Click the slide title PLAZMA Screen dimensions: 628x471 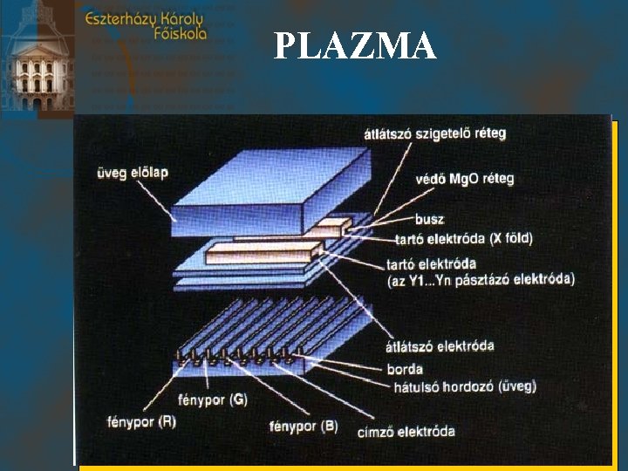354,46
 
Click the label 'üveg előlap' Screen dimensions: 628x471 132,173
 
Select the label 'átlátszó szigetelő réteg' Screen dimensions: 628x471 434,133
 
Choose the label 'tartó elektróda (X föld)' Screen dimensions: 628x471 463,238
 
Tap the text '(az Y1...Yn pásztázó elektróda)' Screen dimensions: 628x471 480,279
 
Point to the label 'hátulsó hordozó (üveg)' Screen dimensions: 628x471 461,386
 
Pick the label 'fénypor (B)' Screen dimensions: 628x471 304,427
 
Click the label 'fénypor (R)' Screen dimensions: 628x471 131,420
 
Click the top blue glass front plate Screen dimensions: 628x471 262,188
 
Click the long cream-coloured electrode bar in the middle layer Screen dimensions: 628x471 262,253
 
